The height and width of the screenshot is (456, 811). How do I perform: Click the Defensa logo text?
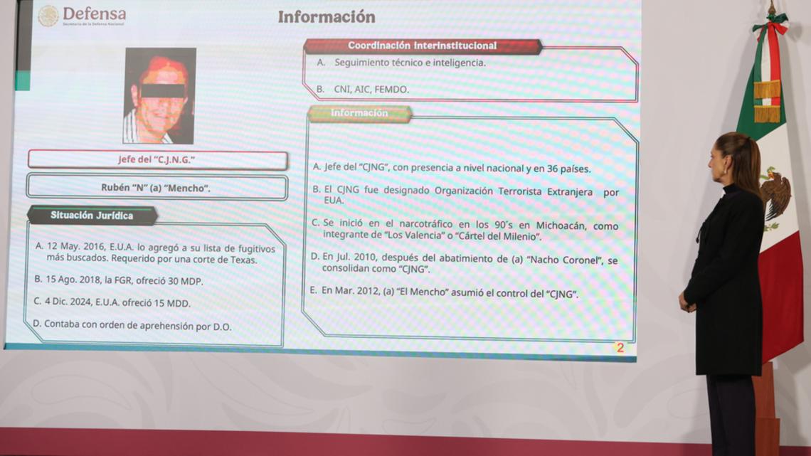coord(94,14)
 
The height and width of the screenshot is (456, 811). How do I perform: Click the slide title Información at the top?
coord(327,17)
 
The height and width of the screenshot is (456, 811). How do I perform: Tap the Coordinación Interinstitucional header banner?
coord(422,46)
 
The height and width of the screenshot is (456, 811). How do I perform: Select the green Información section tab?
coord(359,113)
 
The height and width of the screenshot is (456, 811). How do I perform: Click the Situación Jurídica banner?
coord(92,216)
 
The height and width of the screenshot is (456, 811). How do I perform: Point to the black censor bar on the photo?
coord(162,91)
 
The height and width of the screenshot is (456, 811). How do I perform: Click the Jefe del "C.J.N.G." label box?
coord(157,160)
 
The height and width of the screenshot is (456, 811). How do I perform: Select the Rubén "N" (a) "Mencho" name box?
coord(157,188)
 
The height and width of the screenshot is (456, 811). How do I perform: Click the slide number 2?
coord(620,348)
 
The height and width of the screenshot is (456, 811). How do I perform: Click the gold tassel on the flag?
coord(766,101)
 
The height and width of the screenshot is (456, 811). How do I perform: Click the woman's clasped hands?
coord(687,302)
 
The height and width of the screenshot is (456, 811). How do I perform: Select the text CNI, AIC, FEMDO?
coord(371,90)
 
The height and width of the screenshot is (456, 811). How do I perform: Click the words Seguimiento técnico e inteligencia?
coord(410,63)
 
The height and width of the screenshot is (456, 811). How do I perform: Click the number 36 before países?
coord(552,169)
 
